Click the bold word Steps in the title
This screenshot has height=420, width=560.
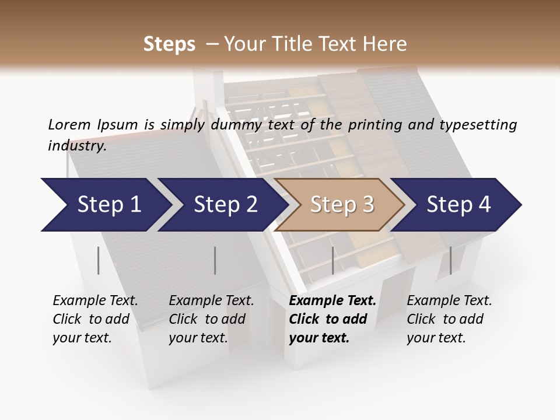point(169,44)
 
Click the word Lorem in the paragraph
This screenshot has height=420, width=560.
point(69,124)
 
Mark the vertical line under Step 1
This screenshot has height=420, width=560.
point(99,260)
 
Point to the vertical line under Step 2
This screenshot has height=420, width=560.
point(215,260)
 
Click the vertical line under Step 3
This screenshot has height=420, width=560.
point(332,260)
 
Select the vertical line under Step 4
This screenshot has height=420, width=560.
point(450,260)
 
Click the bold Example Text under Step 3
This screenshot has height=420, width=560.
point(332,301)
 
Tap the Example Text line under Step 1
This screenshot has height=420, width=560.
point(95,301)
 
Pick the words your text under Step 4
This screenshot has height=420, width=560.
point(436,338)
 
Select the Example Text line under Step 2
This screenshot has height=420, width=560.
point(211,301)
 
